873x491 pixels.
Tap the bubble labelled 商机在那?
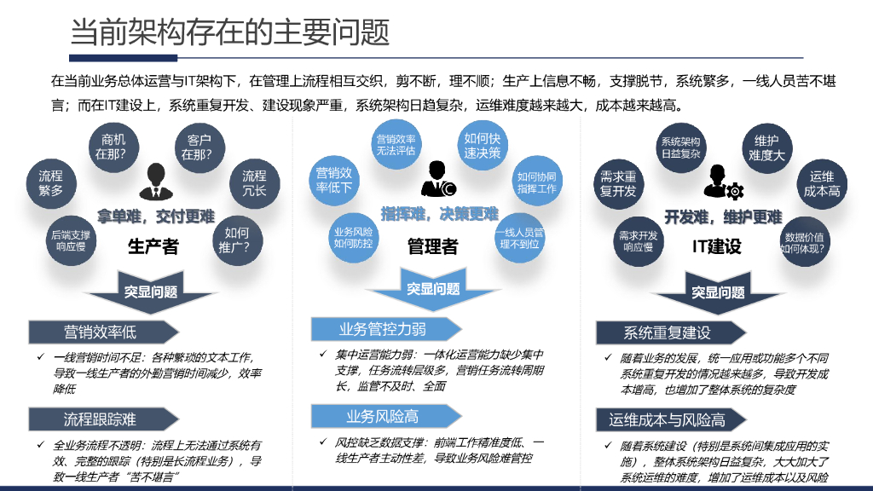point(113,147)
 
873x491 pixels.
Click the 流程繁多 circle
point(51,183)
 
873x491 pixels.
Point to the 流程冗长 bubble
point(254,183)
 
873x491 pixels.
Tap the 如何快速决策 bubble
point(482,146)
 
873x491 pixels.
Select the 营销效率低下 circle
point(334,180)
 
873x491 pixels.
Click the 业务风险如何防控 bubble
point(353,237)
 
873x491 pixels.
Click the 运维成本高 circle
point(822,183)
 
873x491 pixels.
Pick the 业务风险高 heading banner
point(381,416)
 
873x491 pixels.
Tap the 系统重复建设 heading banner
point(666,332)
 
